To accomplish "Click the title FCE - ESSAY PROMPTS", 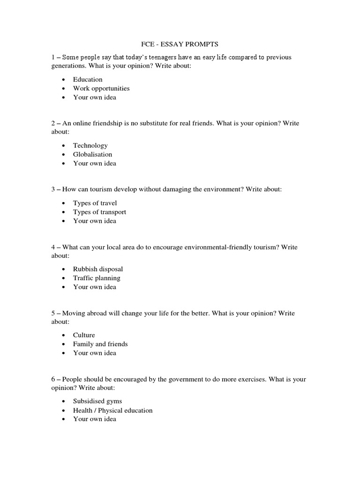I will click(x=180, y=44).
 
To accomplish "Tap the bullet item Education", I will click(x=88, y=79).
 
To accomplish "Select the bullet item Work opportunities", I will click(x=101, y=88).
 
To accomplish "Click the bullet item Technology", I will click(x=90, y=145).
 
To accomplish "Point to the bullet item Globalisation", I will click(x=93, y=154).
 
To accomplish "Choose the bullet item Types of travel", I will click(x=95, y=203).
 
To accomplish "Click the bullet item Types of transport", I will click(x=99, y=212).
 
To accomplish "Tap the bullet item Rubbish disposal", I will click(x=98, y=269).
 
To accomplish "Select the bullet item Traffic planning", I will click(x=97, y=278).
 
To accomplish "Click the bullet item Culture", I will click(x=84, y=335).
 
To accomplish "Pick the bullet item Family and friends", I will click(x=100, y=344).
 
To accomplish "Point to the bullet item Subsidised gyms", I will click(x=97, y=401).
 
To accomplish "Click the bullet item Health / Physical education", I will click(x=113, y=410).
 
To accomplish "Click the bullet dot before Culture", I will click(x=64, y=336).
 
